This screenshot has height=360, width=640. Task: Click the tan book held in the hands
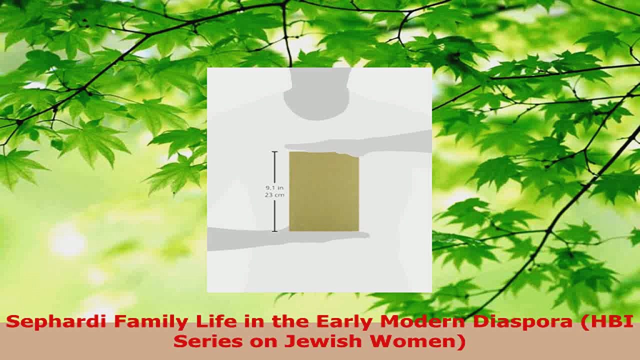324,191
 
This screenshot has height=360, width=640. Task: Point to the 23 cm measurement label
274,195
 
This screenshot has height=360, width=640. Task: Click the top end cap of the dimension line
274,151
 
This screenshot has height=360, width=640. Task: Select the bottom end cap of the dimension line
274,231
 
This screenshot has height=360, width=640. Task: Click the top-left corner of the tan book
290,152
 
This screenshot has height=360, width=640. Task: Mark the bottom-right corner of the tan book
358,230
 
